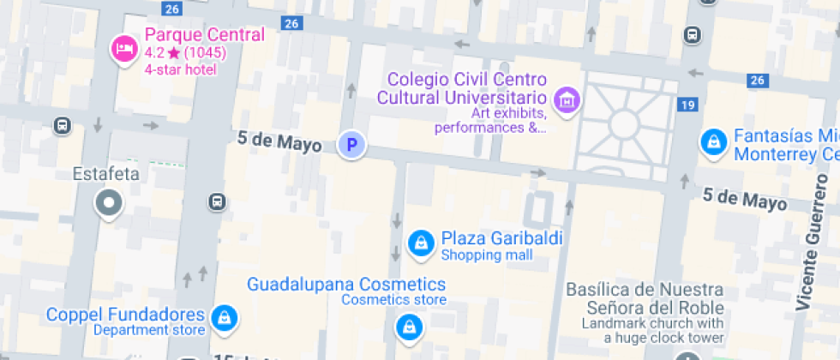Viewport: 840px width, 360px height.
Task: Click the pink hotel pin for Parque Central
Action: pyautogui.click(x=123, y=48)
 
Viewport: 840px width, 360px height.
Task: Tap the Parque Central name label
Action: pyautogui.click(x=204, y=35)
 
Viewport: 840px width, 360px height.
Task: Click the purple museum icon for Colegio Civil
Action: pyautogui.click(x=566, y=100)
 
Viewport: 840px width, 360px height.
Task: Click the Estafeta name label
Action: pyautogui.click(x=105, y=174)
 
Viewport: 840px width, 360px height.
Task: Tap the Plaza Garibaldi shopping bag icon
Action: pyautogui.click(x=420, y=243)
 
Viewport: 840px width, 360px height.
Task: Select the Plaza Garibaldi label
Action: pyautogui.click(x=501, y=238)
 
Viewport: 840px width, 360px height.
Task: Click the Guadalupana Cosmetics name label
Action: pyautogui.click(x=346, y=284)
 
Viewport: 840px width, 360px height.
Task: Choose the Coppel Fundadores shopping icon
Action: pyautogui.click(x=224, y=318)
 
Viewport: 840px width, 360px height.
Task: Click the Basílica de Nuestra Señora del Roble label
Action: pyautogui.click(x=645, y=298)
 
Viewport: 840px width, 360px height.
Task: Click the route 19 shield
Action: pyautogui.click(x=686, y=105)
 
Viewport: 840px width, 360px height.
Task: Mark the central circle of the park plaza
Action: pyautogui.click(x=623, y=125)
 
